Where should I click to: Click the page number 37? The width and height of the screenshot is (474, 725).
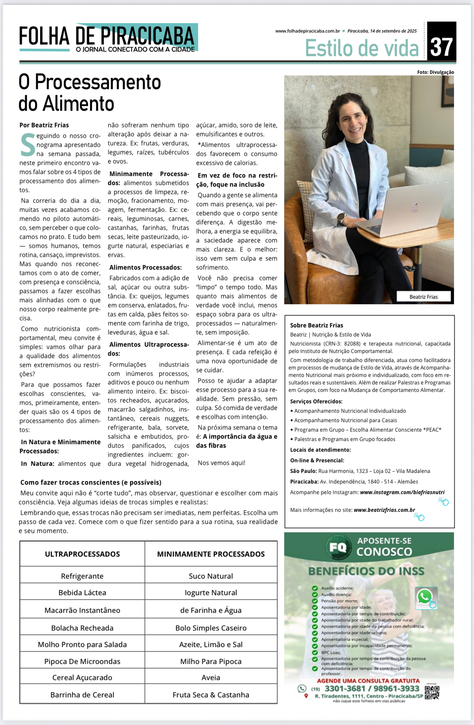coord(441,47)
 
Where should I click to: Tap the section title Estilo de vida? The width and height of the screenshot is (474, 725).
coord(362,48)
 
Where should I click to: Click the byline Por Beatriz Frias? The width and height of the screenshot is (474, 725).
coord(44,125)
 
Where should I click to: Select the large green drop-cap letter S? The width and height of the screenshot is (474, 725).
coord(28,145)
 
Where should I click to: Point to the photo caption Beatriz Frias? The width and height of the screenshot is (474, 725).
coord(423,297)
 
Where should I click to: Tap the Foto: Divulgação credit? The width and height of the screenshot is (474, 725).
coord(435,72)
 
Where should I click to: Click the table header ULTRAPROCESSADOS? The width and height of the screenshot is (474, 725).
coord(82,554)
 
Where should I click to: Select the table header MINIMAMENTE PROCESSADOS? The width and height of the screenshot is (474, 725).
coord(211,554)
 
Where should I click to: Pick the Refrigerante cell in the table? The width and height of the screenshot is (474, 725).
coord(82,576)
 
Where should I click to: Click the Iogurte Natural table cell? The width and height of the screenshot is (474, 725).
coord(211,593)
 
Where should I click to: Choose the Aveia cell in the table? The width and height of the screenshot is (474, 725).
coord(211,677)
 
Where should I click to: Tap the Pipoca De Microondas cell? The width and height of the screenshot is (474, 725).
coord(82,661)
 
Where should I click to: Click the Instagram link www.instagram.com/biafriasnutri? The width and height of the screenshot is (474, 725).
coord(402,492)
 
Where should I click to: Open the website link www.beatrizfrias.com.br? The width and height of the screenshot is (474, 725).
coord(384,510)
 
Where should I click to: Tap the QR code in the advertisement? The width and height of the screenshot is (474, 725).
coord(432,692)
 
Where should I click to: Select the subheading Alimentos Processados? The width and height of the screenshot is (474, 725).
coord(145,267)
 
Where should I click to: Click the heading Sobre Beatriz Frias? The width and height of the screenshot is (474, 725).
coord(316,325)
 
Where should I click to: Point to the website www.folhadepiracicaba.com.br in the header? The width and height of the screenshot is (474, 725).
coord(307,31)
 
